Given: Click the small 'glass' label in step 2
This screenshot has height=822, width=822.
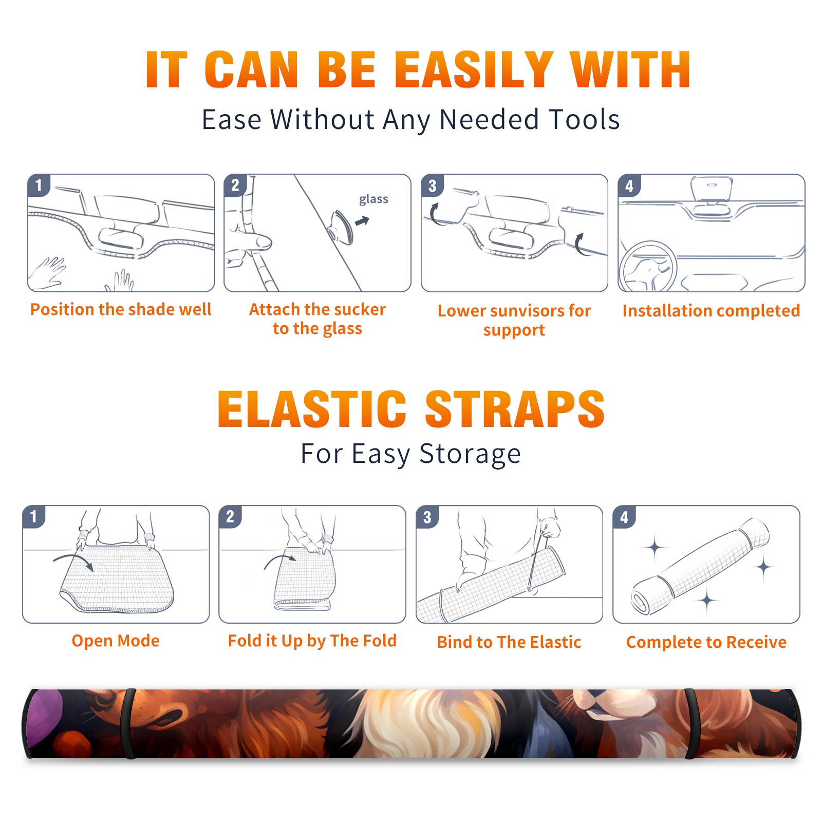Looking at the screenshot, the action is click(373, 199).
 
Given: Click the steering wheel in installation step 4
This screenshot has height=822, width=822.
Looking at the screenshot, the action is click(648, 267).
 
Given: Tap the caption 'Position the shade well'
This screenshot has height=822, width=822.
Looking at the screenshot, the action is click(121, 309).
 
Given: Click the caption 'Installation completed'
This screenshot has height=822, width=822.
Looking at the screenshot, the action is click(711, 311).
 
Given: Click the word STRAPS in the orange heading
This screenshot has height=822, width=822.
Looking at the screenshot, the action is click(515, 409).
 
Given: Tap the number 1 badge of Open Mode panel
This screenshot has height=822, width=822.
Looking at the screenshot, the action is click(34, 516).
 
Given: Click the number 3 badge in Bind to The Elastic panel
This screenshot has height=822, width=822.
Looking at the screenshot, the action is click(427, 517).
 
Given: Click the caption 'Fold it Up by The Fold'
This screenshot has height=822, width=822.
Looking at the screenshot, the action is click(312, 641).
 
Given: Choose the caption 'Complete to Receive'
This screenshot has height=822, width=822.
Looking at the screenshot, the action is click(706, 642).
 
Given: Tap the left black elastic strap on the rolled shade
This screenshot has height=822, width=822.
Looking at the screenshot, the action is click(128, 723).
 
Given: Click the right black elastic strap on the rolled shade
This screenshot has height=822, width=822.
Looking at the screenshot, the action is click(692, 723).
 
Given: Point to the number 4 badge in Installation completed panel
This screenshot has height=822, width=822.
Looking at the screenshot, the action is click(629, 185).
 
